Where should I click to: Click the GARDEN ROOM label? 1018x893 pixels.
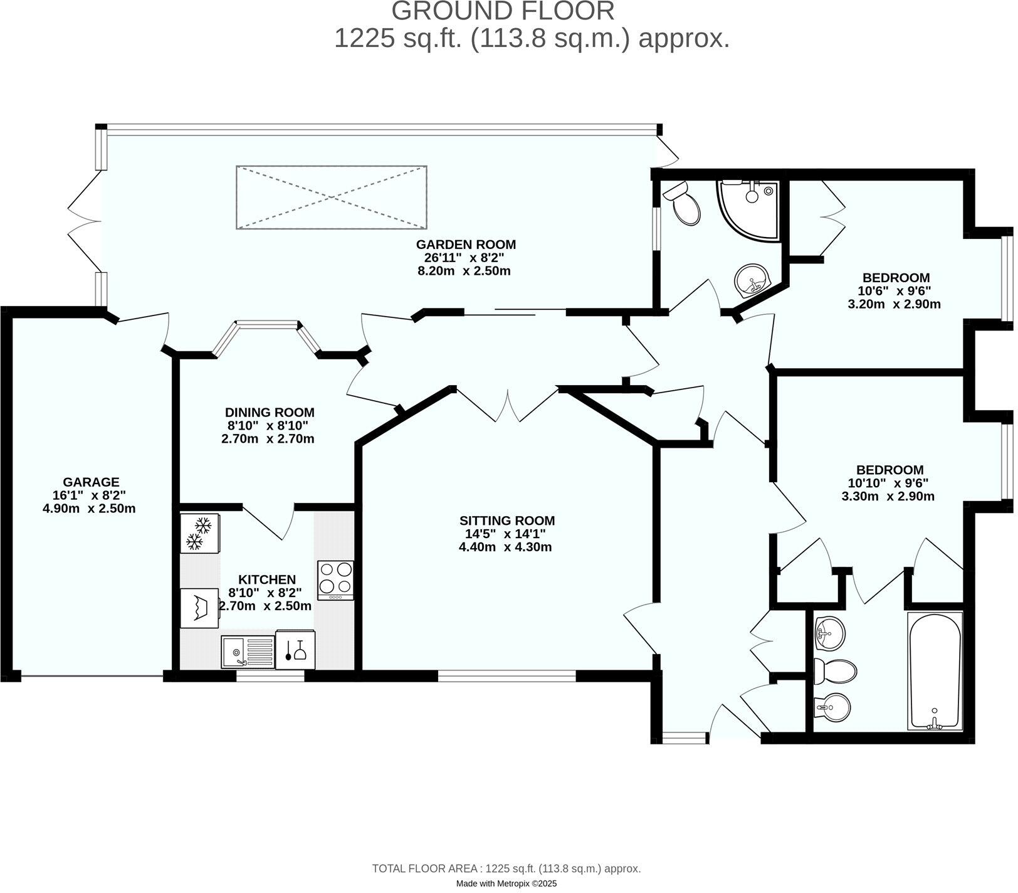click(x=466, y=245)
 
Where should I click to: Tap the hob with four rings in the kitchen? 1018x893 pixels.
click(x=335, y=579)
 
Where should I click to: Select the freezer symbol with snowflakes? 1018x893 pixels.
click(x=199, y=534)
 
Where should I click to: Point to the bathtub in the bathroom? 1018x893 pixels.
click(x=935, y=671)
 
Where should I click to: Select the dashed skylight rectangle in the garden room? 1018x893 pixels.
click(x=332, y=198)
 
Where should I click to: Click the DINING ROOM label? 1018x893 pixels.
click(x=270, y=412)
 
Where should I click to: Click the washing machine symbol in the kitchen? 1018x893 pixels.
click(x=199, y=608)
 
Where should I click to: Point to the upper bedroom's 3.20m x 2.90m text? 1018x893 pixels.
click(x=895, y=305)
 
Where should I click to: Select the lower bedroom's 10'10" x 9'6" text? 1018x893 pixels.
click(x=888, y=483)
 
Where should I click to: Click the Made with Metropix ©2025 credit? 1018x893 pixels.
click(x=506, y=884)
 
